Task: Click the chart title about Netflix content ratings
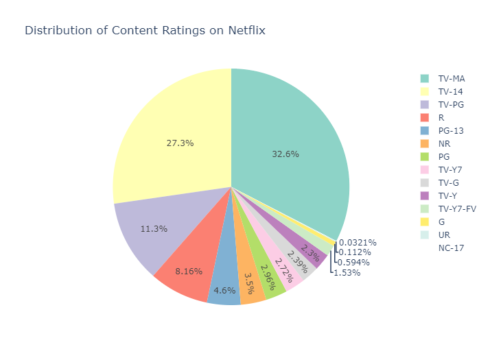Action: coord(145,31)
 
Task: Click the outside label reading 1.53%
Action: coord(347,272)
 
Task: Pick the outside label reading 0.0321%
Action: coord(357,242)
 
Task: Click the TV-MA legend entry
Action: coord(451,79)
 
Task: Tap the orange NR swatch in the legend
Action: coord(425,144)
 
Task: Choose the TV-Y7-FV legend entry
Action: coord(457,208)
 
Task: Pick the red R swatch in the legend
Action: coord(425,118)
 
